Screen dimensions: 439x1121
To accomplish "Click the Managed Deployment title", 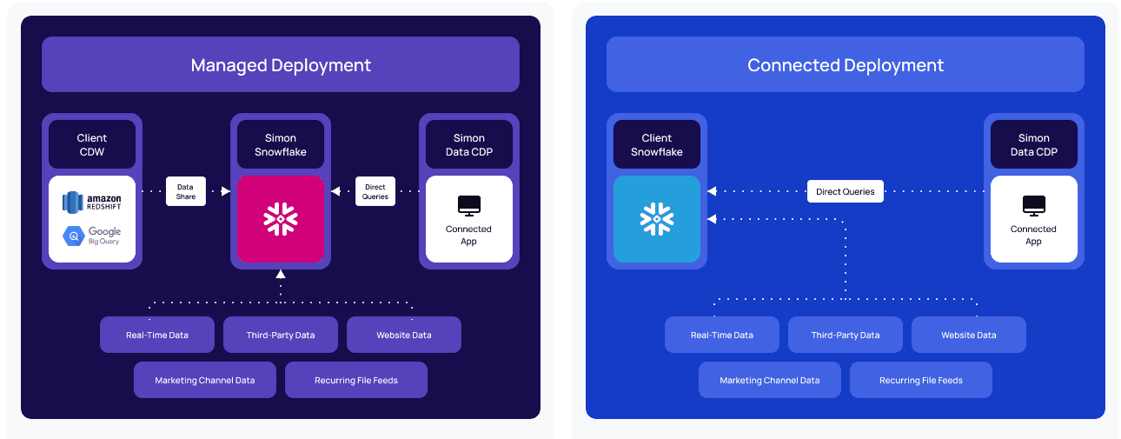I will pyautogui.click(x=281, y=65).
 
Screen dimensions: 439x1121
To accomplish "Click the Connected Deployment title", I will pyautogui.click(x=845, y=65).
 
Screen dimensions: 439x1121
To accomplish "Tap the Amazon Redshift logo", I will pyautogui.click(x=91, y=203).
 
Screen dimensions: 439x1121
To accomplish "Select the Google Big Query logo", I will pyautogui.click(x=91, y=236).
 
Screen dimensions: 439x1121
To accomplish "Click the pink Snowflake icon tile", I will pyautogui.click(x=281, y=219).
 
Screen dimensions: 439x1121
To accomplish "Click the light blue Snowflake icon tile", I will pyautogui.click(x=656, y=219).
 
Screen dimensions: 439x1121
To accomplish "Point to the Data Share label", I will pyautogui.click(x=185, y=191).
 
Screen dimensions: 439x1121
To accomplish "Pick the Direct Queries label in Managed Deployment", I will pyautogui.click(x=375, y=191).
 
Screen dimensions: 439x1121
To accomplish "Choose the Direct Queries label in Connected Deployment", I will pyautogui.click(x=845, y=191).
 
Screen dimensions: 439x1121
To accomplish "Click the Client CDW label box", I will pyautogui.click(x=91, y=144).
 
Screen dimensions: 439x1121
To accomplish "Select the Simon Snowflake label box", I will pyautogui.click(x=281, y=144).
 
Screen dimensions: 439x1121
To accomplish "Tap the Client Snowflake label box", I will pyautogui.click(x=656, y=144).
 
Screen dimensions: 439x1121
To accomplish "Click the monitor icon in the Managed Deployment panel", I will pyautogui.click(x=468, y=206).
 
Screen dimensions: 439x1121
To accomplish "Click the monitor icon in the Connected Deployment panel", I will pyautogui.click(x=1033, y=206).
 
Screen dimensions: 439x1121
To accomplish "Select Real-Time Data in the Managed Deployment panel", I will pyautogui.click(x=156, y=335).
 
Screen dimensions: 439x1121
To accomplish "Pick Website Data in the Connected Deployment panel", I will pyautogui.click(x=968, y=335).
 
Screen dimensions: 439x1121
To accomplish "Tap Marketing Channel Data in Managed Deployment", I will pyautogui.click(x=205, y=380).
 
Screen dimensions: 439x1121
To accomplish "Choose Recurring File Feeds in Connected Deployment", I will pyautogui.click(x=920, y=380).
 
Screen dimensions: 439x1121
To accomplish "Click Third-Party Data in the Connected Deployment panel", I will pyautogui.click(x=845, y=335).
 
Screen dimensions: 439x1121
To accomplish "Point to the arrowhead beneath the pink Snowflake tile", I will pyautogui.click(x=280, y=274).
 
